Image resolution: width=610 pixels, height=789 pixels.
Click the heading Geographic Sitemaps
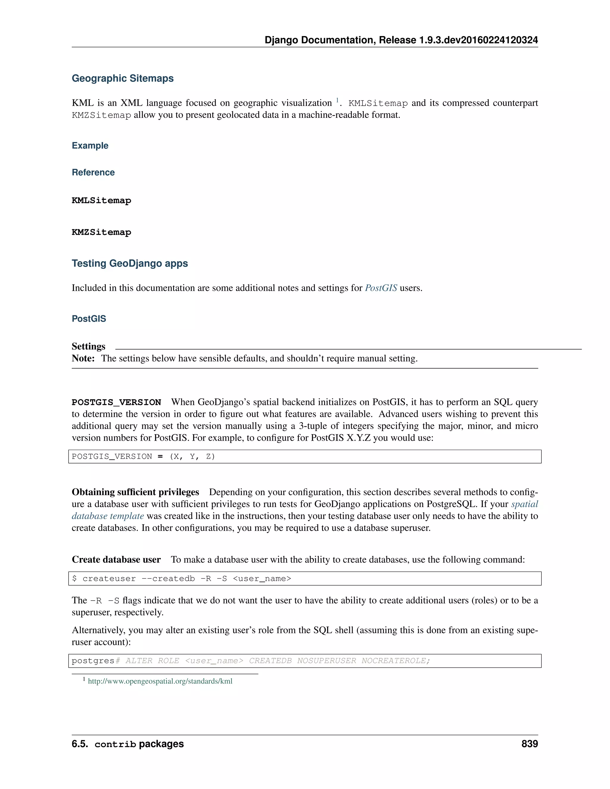(x=122, y=78)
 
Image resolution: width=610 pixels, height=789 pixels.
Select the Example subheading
(x=90, y=146)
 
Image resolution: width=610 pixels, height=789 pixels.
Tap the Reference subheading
(x=93, y=172)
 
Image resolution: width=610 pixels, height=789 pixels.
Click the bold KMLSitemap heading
(x=102, y=200)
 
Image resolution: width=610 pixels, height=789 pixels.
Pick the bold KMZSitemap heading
(x=102, y=232)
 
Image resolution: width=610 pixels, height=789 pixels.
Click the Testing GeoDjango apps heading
(x=130, y=263)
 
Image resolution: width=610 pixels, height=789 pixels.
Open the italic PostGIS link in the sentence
(x=381, y=288)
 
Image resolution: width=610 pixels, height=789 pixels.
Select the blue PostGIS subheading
(x=89, y=319)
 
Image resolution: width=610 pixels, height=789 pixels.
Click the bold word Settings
(x=88, y=347)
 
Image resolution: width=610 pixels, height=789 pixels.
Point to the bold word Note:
(x=83, y=358)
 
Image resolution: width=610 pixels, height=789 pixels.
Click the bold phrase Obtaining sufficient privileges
(x=136, y=492)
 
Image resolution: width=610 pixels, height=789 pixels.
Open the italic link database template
(x=108, y=516)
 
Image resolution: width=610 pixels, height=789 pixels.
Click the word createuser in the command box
(x=109, y=579)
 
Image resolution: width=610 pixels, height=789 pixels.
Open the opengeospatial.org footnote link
(x=160, y=681)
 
